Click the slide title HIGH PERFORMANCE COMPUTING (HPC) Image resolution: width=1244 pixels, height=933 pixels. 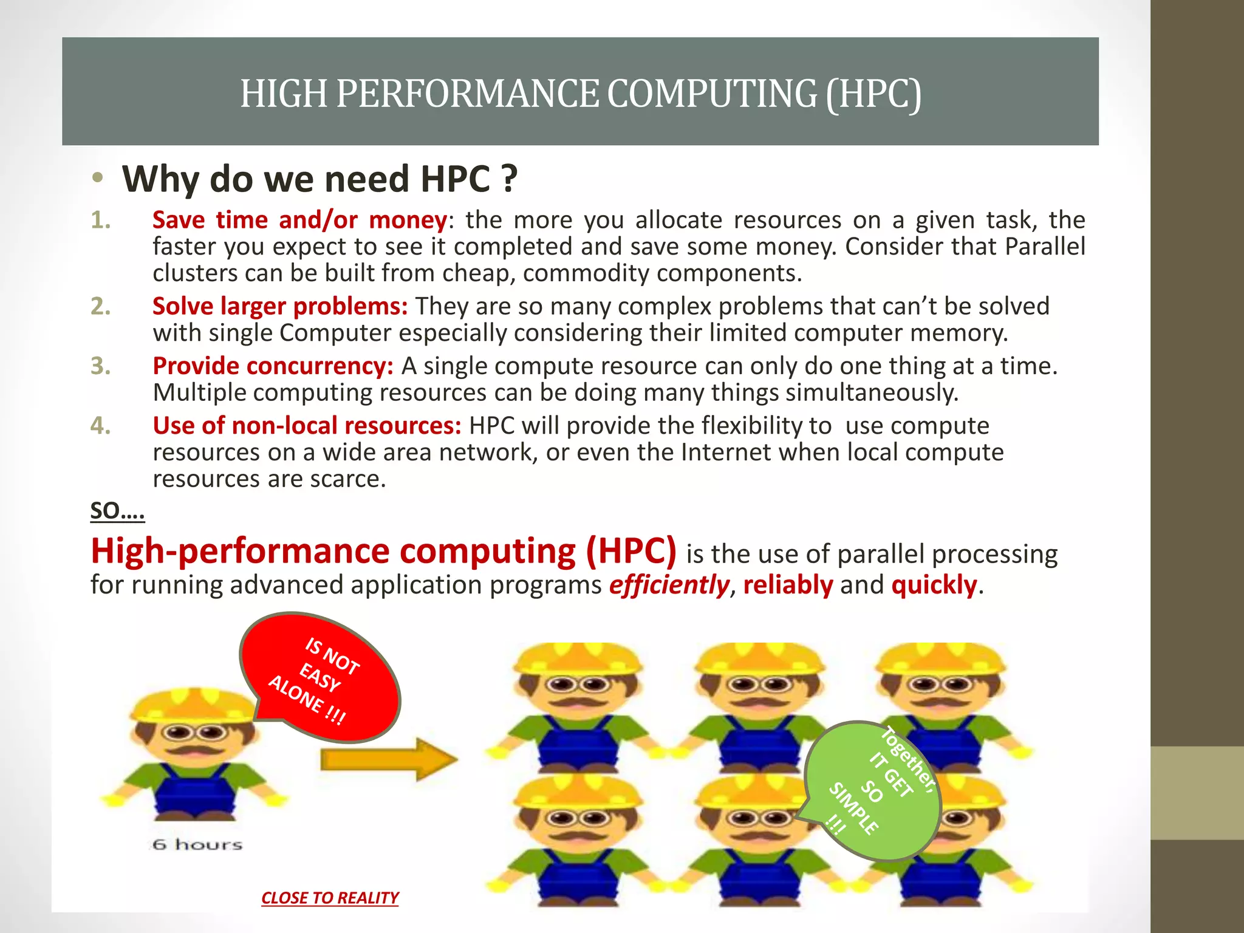[580, 94]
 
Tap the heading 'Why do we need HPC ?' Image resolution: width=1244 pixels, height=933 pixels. [320, 179]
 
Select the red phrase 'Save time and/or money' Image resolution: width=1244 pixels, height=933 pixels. [299, 220]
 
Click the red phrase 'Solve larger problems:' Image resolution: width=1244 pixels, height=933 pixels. [280, 306]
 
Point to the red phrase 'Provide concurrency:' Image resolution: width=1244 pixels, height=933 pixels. [273, 366]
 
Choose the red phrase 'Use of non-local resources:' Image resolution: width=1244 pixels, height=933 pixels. [307, 425]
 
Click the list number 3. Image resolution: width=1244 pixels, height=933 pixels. [100, 366]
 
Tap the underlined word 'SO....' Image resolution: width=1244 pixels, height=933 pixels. [117, 511]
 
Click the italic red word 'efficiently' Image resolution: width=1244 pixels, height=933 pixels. [669, 585]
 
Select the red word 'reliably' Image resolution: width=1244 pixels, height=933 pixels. [788, 585]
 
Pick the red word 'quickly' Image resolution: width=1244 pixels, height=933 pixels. [934, 585]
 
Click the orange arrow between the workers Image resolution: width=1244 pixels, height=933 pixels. [389, 759]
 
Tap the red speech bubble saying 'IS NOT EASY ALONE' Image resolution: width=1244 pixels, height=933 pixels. [321, 677]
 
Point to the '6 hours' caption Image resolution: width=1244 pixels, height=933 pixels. [197, 844]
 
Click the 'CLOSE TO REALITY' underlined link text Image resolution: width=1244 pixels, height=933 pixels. [330, 898]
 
